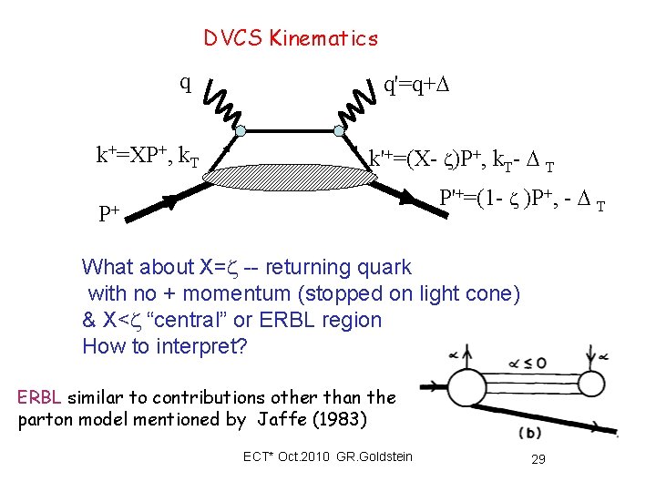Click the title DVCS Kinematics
coord(290,38)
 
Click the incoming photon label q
coord(185,84)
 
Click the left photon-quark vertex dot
coord(241,133)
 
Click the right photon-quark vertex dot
coord(339,132)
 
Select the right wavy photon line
coord(358,103)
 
